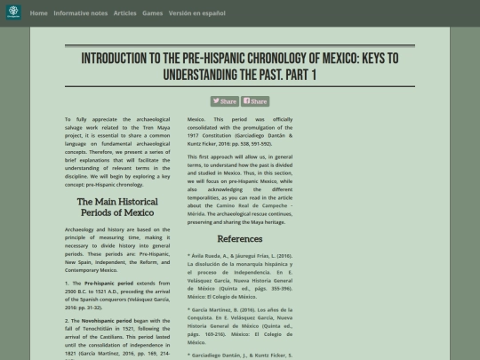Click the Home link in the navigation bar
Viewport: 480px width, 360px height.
pos(38,13)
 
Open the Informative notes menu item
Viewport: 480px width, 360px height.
pos(81,13)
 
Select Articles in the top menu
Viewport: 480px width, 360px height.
pos(125,13)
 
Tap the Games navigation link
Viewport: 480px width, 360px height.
pos(152,13)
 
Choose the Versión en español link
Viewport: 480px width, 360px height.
pos(197,13)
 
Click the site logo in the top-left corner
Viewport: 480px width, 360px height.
pos(13,13)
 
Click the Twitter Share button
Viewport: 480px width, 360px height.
pos(224,101)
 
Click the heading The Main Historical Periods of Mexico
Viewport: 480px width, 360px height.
pos(117,207)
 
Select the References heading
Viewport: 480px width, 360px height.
pos(240,239)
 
